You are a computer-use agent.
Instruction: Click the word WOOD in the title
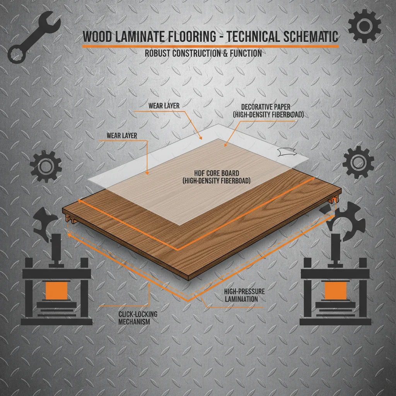pos(97,36)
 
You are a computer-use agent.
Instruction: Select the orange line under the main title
pos(210,46)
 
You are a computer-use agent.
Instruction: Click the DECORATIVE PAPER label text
pos(266,107)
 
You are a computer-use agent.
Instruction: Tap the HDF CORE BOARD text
pos(217,173)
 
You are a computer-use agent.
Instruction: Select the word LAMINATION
pos(241,299)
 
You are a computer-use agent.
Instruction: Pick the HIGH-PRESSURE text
pos(244,292)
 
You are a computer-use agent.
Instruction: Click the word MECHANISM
pos(134,322)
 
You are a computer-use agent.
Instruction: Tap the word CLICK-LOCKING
pos(138,314)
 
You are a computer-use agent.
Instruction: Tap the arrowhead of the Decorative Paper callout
pos(226,145)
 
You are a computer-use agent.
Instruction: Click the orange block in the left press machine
pos(56,290)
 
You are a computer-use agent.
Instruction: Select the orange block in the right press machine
pos(335,290)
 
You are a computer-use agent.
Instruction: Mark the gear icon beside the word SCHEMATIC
pos(364,26)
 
